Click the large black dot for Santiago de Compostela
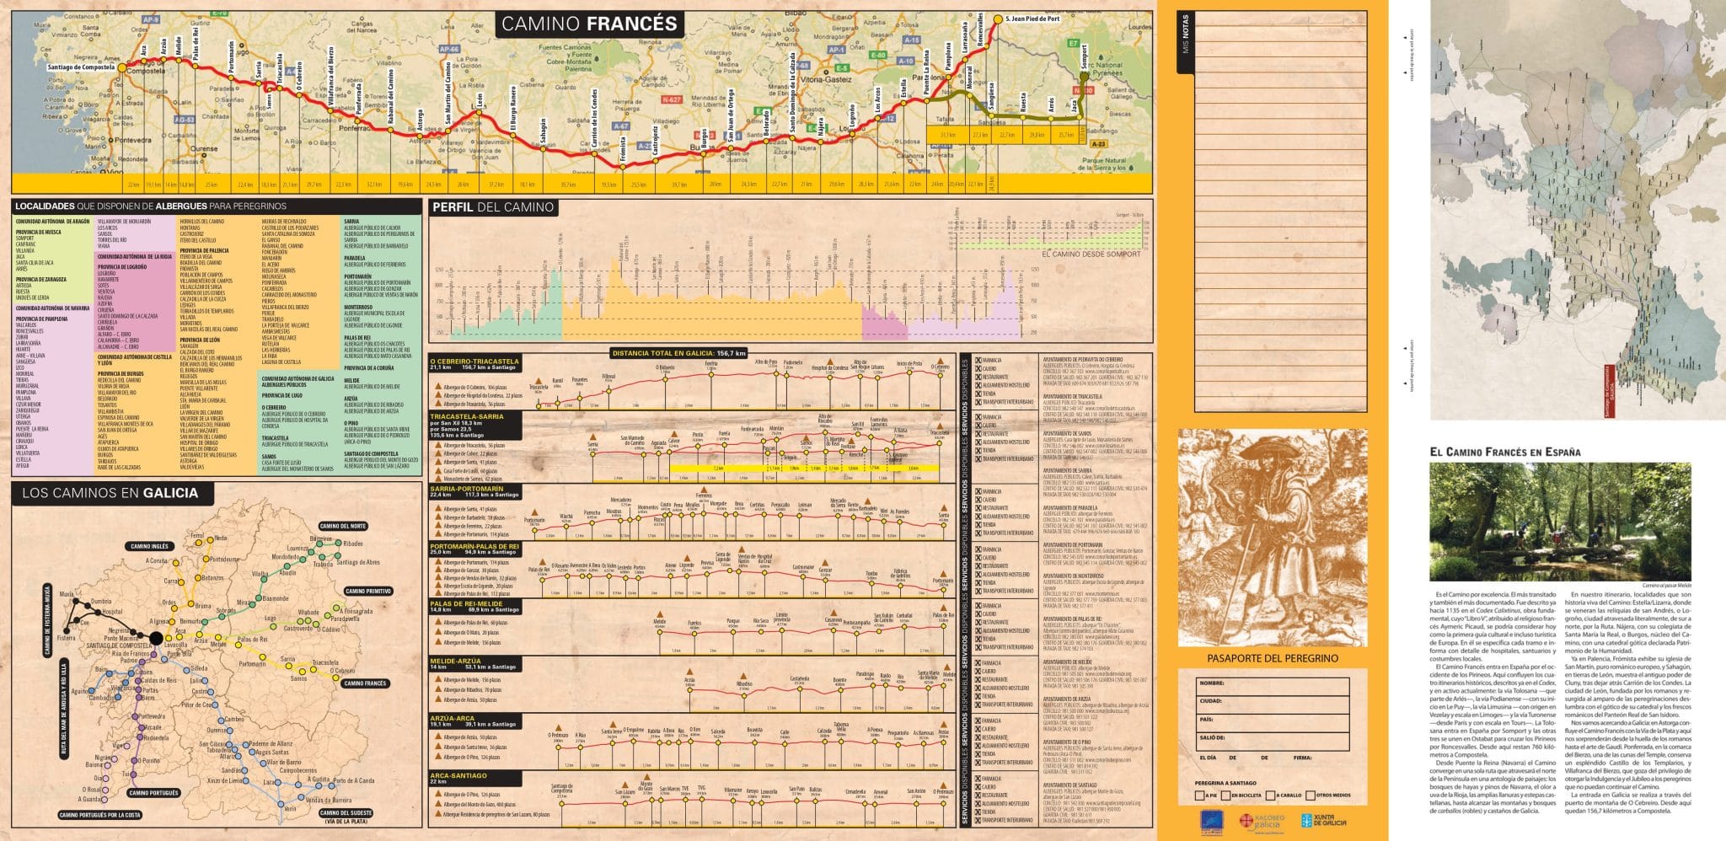[x=156, y=638]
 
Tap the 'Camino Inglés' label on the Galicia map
[x=150, y=546]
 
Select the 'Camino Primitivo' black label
[x=369, y=591]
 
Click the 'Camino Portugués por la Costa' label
[x=99, y=815]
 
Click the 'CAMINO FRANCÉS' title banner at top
[x=588, y=24]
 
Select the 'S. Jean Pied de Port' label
[x=1033, y=18]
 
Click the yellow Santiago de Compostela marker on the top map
[x=121, y=67]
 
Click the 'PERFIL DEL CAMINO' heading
[x=493, y=207]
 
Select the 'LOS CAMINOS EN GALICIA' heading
[x=105, y=493]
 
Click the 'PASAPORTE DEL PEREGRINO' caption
[x=1272, y=658]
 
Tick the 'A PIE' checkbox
[x=1200, y=795]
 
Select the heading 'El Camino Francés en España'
[x=1504, y=452]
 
